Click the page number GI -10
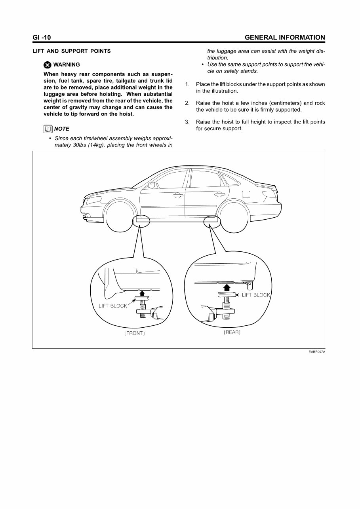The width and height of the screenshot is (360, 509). pyautogui.click(x=42, y=38)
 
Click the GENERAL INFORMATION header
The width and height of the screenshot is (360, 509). pyautogui.click(x=285, y=38)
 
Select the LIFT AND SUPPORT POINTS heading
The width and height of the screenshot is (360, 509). pyautogui.click(x=72, y=51)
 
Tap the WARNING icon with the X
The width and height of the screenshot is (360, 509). pyautogui.click(x=48, y=65)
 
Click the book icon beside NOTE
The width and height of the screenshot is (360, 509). pyautogui.click(x=48, y=129)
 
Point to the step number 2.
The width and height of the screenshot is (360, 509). pyautogui.click(x=187, y=103)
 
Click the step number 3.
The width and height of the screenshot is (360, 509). pyautogui.click(x=187, y=122)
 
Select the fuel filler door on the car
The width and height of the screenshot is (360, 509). pyautogui.click(x=246, y=194)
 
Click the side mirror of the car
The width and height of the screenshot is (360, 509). pyautogui.click(x=151, y=184)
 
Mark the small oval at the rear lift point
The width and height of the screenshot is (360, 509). pyautogui.click(x=212, y=222)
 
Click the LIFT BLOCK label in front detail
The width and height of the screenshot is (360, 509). pyautogui.click(x=113, y=306)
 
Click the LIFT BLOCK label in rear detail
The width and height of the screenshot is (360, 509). pyautogui.click(x=255, y=295)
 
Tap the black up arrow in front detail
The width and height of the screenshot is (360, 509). pyautogui.click(x=141, y=292)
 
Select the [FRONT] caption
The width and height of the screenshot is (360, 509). pyautogui.click(x=135, y=333)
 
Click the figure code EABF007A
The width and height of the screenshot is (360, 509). pyautogui.click(x=317, y=352)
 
